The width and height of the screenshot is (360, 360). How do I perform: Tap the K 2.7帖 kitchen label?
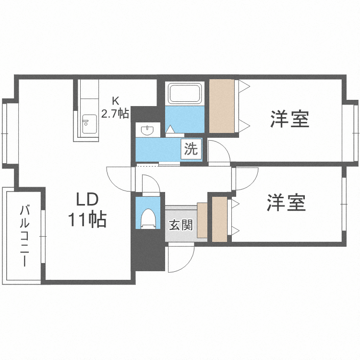pyautogui.click(x=115, y=108)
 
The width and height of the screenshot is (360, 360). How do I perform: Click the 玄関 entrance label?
pyautogui.click(x=180, y=225)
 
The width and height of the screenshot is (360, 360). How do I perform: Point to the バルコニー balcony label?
pyautogui.click(x=24, y=235)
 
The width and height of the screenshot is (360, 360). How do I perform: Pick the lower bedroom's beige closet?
pyautogui.click(x=220, y=218)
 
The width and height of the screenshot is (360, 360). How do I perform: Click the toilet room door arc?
pyautogui.click(x=147, y=185)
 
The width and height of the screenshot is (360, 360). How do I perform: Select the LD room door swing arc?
pyautogui.click(x=118, y=180)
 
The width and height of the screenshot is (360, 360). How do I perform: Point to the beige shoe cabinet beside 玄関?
pyautogui.click(x=202, y=220)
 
